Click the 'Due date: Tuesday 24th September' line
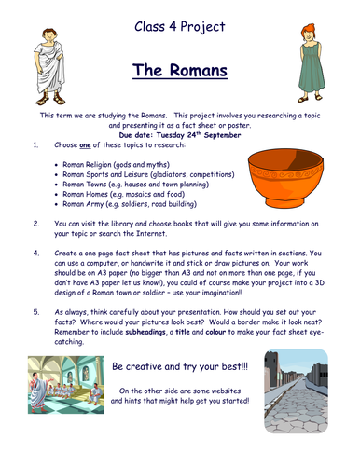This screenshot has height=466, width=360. (180, 133)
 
